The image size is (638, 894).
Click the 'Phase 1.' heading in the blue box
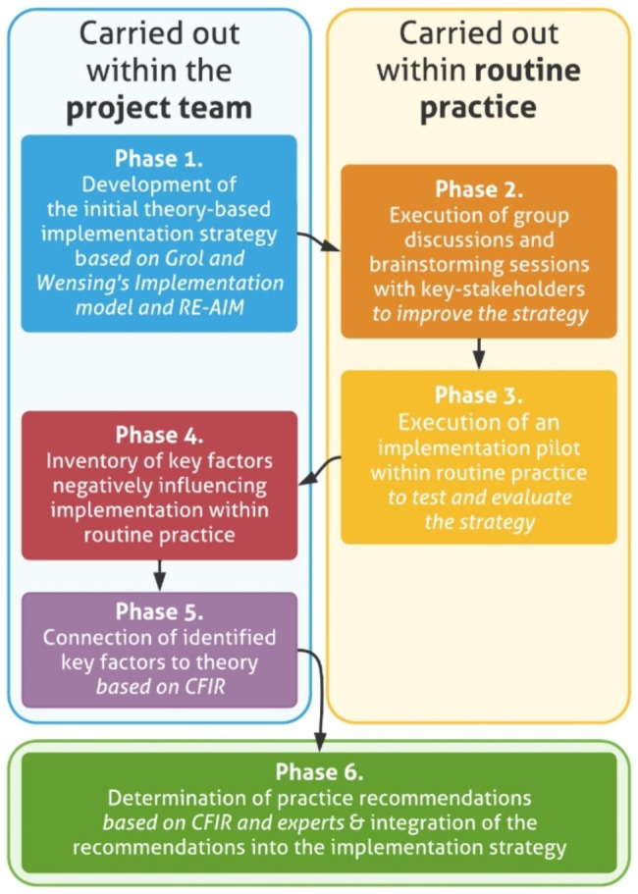click(159, 159)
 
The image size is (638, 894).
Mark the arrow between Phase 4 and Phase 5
click(159, 575)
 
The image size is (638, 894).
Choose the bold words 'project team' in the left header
click(159, 108)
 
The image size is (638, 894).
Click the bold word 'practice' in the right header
click(478, 106)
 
